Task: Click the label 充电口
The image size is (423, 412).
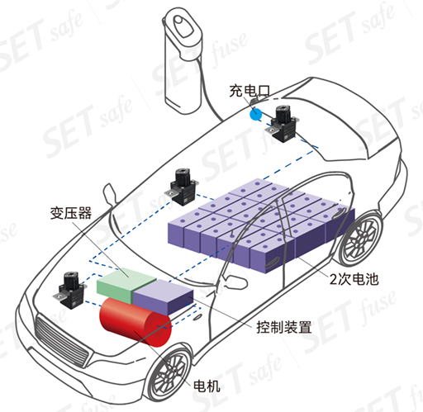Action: [x=250, y=91]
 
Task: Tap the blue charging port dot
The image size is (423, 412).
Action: [x=256, y=114]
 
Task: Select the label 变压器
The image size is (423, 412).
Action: [x=71, y=213]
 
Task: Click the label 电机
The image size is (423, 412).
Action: [x=207, y=386]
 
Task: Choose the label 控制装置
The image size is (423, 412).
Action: [x=284, y=327]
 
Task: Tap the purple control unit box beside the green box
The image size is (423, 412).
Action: [x=163, y=296]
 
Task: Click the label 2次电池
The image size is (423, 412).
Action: [x=354, y=279]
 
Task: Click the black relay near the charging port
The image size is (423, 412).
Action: [x=283, y=123]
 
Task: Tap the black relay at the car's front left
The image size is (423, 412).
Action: [x=70, y=290]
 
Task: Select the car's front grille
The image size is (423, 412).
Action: [x=63, y=342]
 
